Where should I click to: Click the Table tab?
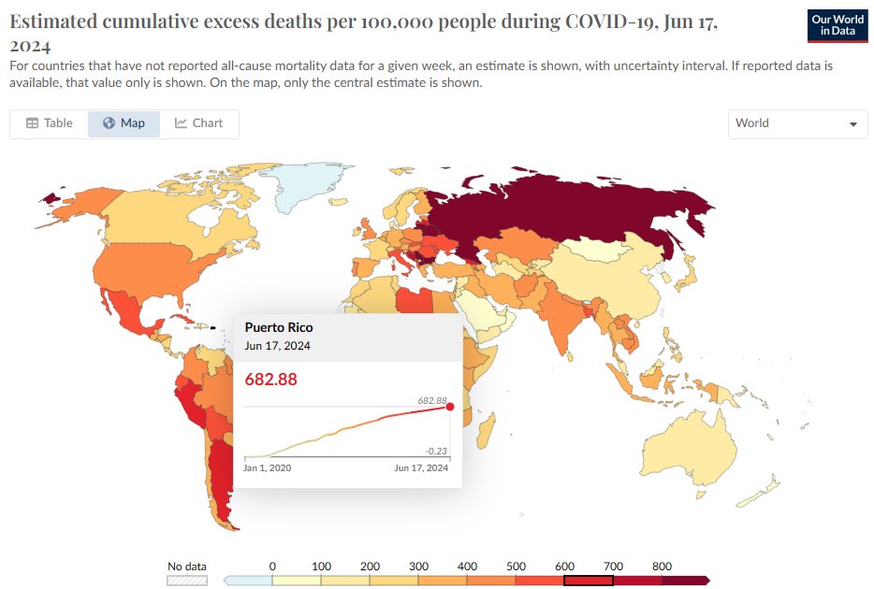pos(49,123)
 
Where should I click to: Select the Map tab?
pos(124,123)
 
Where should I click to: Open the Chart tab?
pos(198,123)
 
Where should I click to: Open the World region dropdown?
pos(797,123)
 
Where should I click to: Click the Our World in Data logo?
pos(838,26)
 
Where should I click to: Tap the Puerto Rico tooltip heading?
pos(279,327)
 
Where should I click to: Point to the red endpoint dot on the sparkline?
pos(450,406)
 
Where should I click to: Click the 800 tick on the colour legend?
pos(661,567)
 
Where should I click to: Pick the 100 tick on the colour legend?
pos(321,567)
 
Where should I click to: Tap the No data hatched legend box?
pos(186,581)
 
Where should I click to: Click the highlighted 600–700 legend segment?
pos(589,581)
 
